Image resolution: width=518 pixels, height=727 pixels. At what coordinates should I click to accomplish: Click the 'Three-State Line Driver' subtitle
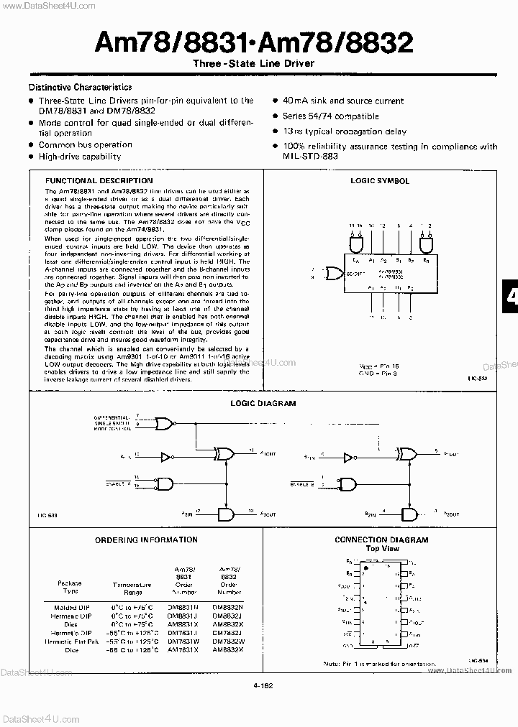pos(255,63)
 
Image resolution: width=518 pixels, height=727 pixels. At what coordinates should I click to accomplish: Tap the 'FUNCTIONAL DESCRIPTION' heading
pos(99,181)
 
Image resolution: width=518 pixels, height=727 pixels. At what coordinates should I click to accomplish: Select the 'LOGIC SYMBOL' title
pos(380,181)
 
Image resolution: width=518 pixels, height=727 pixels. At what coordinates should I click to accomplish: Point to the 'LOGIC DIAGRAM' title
pos(263,403)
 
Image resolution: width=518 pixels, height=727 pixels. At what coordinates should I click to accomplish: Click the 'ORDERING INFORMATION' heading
pos(146,540)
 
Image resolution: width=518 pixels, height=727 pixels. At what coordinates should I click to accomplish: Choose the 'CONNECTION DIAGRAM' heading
pos(381,540)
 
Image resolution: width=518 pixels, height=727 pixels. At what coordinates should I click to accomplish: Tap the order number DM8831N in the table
pos(185,607)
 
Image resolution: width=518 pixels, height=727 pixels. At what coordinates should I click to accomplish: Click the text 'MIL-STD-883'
pos(310,155)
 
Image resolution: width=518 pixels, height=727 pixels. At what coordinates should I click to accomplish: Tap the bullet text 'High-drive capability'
pos(80,155)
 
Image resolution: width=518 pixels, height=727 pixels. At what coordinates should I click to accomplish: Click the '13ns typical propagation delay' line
pos(345,131)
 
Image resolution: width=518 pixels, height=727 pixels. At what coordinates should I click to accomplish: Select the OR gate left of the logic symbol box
pos(334,273)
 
